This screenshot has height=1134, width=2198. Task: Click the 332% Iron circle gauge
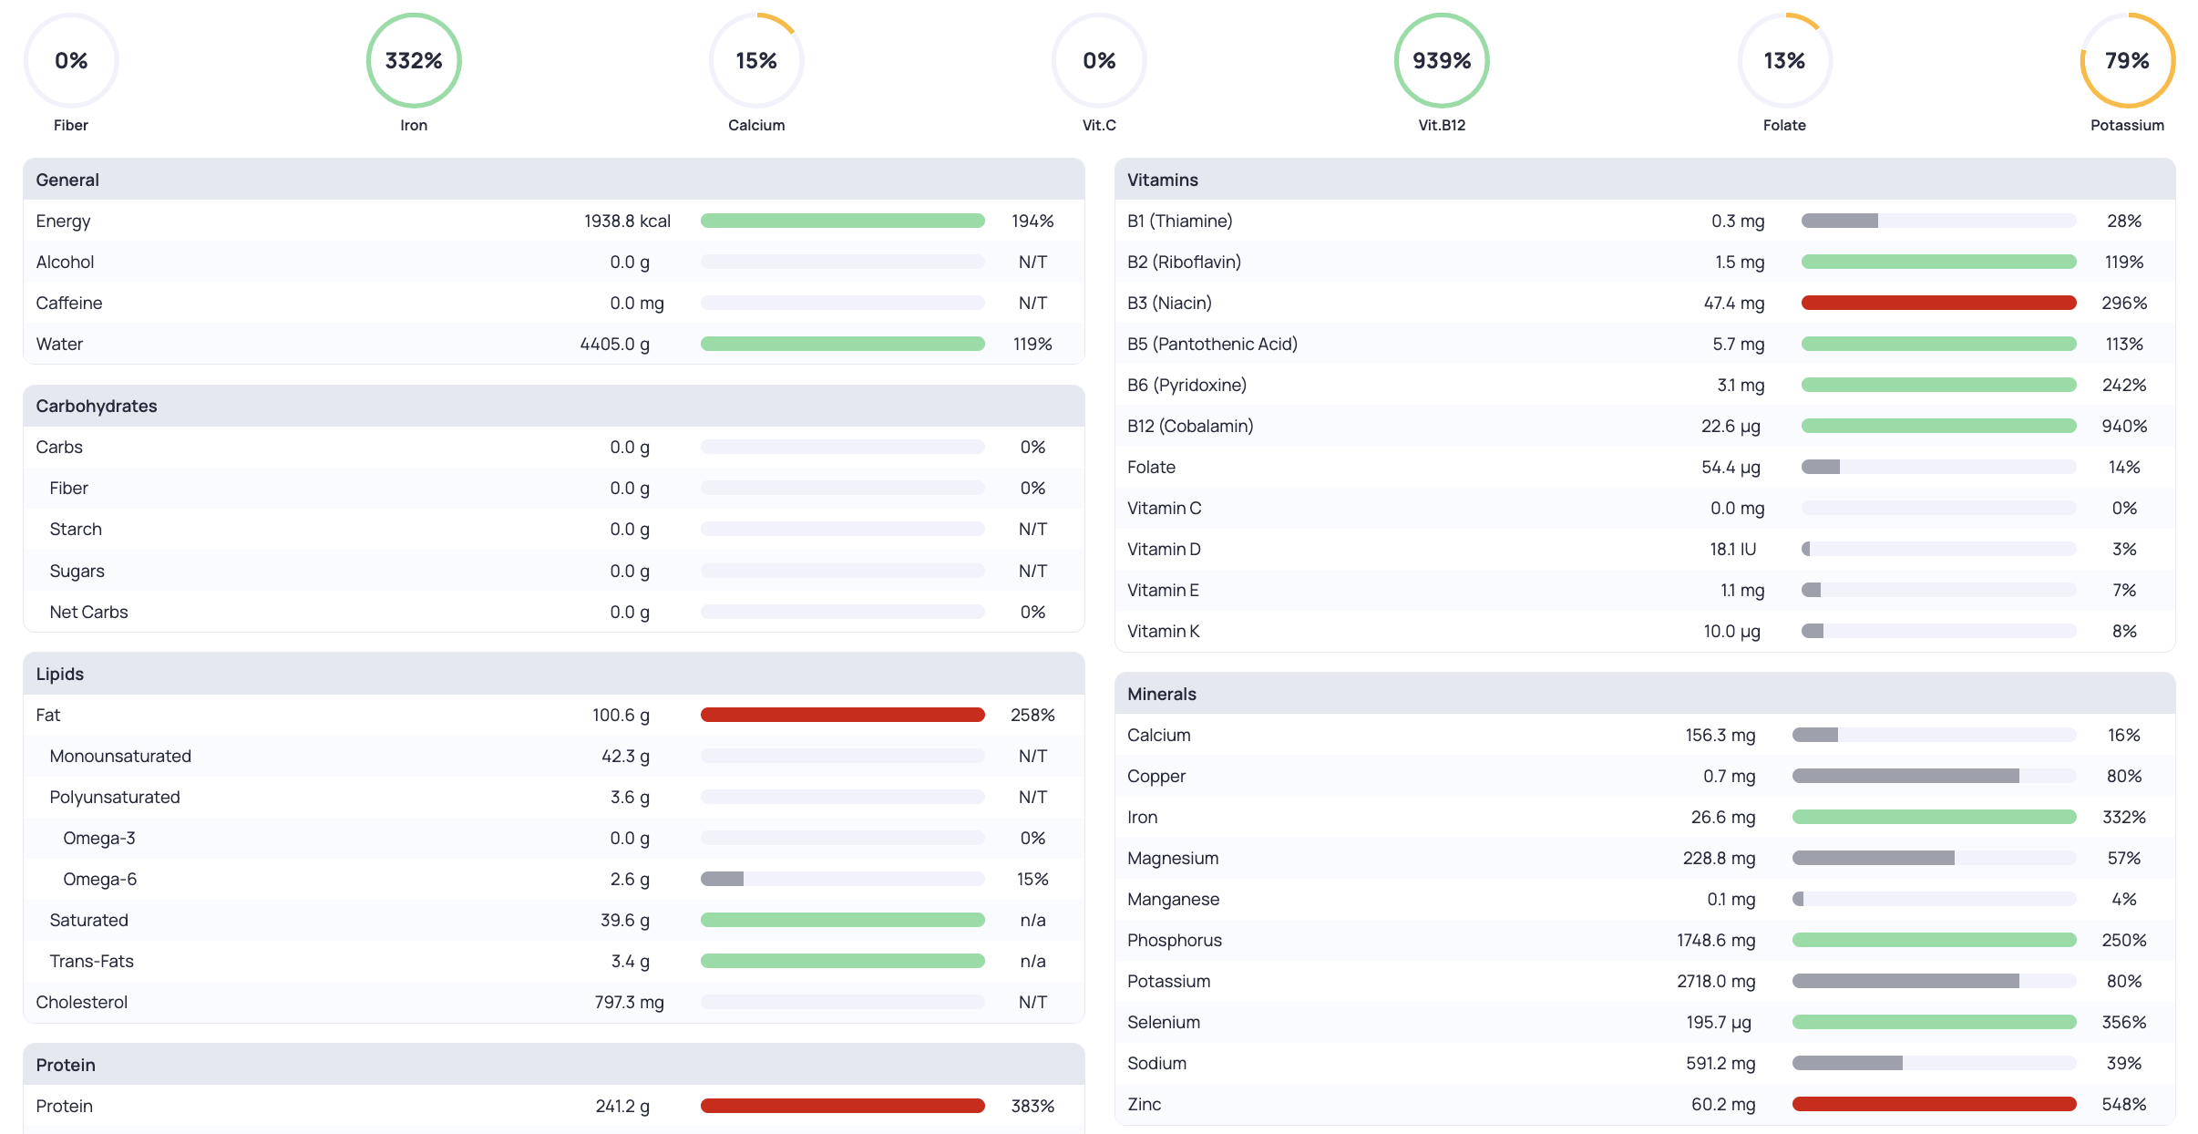pyautogui.click(x=414, y=60)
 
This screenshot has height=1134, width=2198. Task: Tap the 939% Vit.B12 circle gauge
pyautogui.click(x=1442, y=60)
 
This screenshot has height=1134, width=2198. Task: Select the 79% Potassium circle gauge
pyautogui.click(x=2127, y=60)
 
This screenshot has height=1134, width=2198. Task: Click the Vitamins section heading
pyautogui.click(x=1162, y=180)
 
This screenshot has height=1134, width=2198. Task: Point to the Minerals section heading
pyautogui.click(x=1161, y=694)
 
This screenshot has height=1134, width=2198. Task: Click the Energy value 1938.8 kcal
pyautogui.click(x=627, y=221)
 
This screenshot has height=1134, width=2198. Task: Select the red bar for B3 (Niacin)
pyautogui.click(x=1938, y=303)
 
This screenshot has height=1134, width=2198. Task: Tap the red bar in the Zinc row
pyautogui.click(x=1934, y=1104)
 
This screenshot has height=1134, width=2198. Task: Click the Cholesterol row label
pyautogui.click(x=81, y=1002)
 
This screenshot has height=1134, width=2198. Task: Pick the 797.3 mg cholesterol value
pyautogui.click(x=629, y=1002)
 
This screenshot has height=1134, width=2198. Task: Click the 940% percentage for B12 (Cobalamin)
pyautogui.click(x=2123, y=426)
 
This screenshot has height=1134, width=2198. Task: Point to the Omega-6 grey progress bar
pyautogui.click(x=723, y=879)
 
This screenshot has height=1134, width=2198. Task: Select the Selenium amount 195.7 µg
pyautogui.click(x=1718, y=1022)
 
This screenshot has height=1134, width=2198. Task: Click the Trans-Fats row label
pyautogui.click(x=91, y=961)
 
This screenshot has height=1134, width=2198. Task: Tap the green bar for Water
pyautogui.click(x=842, y=344)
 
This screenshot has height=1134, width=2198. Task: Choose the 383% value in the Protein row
pyautogui.click(x=1032, y=1106)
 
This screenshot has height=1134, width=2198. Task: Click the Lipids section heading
pyautogui.click(x=59, y=674)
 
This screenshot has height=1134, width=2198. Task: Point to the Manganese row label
pyautogui.click(x=1172, y=899)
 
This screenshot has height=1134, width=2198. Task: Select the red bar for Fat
pyautogui.click(x=842, y=715)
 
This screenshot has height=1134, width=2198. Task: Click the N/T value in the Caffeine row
pyautogui.click(x=1032, y=303)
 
